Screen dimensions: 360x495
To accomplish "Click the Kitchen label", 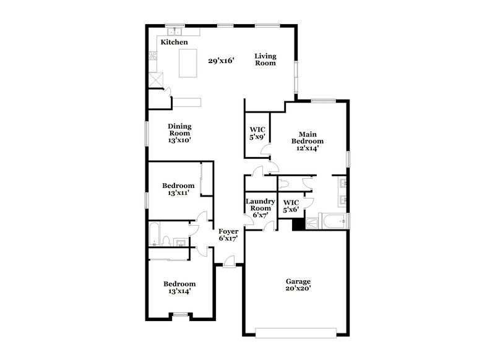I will click(174, 42).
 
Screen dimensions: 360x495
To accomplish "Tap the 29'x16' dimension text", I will click(221, 61).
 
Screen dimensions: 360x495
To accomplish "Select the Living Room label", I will click(265, 59).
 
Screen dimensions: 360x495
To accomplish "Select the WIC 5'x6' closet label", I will click(291, 206).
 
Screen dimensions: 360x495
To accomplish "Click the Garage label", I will click(298, 281).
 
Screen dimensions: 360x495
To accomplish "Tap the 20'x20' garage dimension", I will click(298, 288).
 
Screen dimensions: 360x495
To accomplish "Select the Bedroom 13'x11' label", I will click(178, 189).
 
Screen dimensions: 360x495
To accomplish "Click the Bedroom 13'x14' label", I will click(179, 288).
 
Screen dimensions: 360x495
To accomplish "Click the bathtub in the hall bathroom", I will click(155, 234).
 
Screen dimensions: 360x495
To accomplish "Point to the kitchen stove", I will click(152, 57).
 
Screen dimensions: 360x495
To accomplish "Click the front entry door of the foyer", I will click(229, 265).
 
